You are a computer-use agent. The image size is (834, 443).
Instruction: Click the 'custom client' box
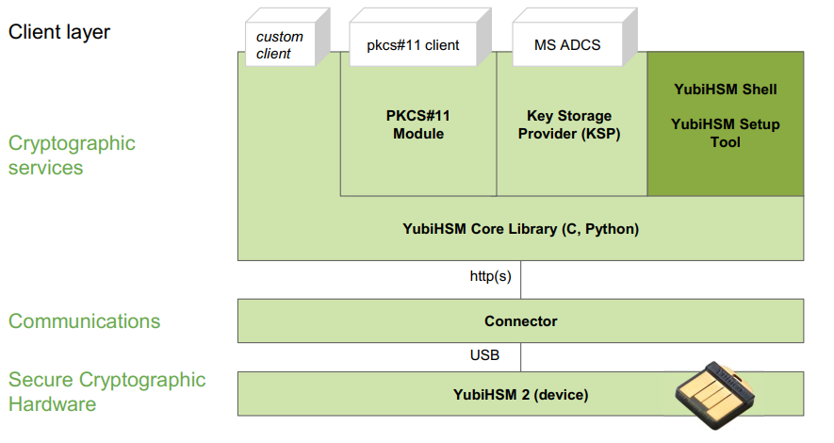pos(287,37)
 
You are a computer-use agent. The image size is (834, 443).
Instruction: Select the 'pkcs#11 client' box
pos(419,37)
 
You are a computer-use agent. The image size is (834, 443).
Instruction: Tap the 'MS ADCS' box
pos(575,37)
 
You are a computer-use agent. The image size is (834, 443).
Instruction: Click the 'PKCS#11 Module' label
pos(418,124)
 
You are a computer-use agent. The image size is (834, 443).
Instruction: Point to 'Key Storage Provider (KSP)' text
pos(569,124)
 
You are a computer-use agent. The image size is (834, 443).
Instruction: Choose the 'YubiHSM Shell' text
pos(726,90)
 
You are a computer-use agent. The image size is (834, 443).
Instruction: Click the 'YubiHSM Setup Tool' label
pos(726,133)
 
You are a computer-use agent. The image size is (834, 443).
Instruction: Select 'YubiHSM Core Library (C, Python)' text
pos(521,229)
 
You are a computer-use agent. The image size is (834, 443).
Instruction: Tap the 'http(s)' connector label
pos(490,276)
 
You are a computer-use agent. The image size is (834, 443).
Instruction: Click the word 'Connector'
pos(521,321)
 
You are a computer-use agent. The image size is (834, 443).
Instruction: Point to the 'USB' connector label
pos(484,355)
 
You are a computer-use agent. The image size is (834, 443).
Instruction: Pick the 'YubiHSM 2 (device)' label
pos(521,395)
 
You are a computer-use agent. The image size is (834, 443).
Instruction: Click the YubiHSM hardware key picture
pos(715,395)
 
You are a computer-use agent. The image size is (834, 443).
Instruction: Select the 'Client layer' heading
pos(59,32)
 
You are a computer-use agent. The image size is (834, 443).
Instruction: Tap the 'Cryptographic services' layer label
pos(72,156)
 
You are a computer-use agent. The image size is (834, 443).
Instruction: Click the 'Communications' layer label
pos(84,321)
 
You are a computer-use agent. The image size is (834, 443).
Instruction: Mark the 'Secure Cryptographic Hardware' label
pos(106,391)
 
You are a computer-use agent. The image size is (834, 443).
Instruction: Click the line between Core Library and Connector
pos(521,280)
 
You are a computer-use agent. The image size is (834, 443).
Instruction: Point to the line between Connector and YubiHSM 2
pos(521,357)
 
